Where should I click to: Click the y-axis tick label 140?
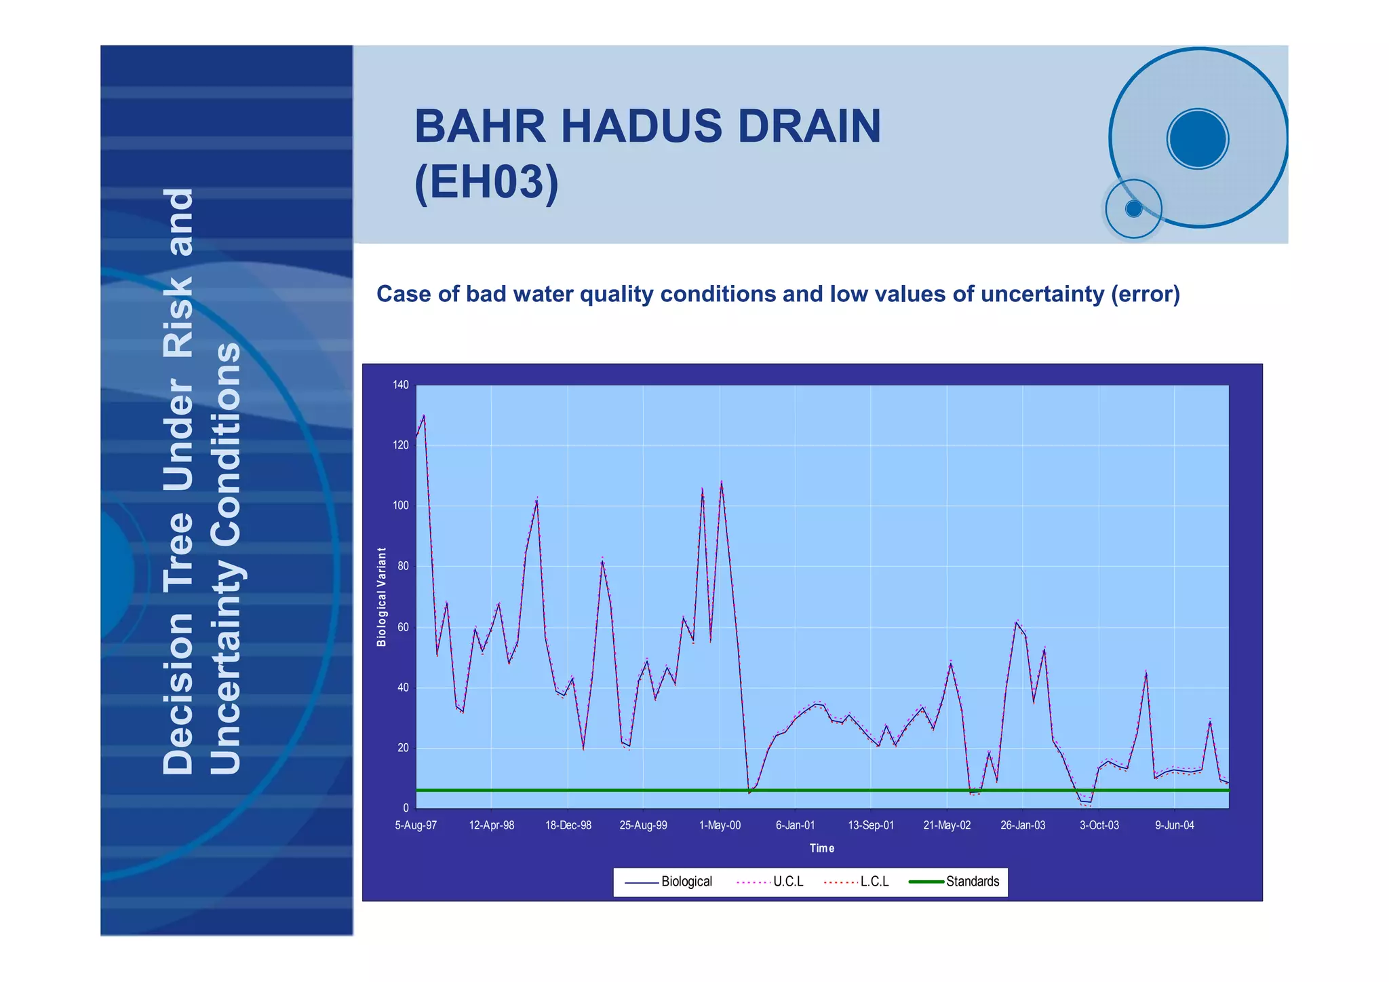click(400, 385)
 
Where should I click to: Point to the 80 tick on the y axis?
click(402, 566)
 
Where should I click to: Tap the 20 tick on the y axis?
click(402, 748)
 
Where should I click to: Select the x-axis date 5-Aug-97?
click(416, 825)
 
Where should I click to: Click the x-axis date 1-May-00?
click(720, 825)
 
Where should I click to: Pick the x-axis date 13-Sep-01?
click(871, 825)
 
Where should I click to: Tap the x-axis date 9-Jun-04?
click(1174, 825)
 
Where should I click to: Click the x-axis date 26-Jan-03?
click(1023, 825)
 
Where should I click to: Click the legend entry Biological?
click(686, 882)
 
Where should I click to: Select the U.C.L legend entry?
click(787, 882)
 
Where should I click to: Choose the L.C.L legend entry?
click(874, 882)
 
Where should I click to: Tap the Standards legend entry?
click(972, 882)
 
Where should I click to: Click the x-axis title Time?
click(821, 848)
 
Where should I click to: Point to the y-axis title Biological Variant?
click(382, 597)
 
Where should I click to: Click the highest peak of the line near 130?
click(424, 415)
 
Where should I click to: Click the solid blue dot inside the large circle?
click(1198, 139)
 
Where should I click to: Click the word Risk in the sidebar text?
click(179, 317)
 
